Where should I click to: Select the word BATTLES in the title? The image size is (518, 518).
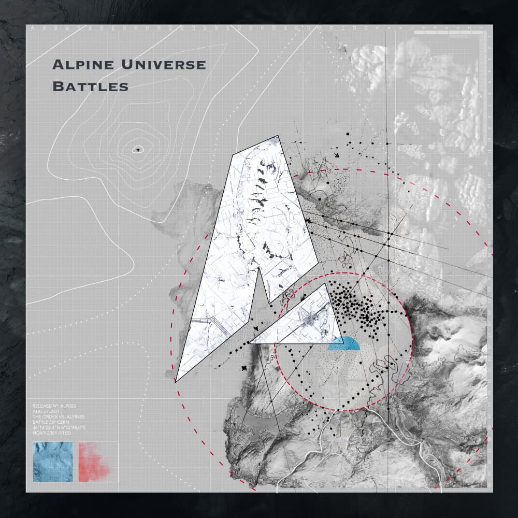click(91, 87)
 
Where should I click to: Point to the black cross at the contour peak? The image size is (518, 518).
click(138, 150)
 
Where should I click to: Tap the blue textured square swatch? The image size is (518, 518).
click(52, 462)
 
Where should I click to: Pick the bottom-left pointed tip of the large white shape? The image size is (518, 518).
click(176, 381)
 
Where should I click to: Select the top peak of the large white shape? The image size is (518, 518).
click(278, 136)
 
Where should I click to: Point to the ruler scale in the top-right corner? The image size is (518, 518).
click(451, 34)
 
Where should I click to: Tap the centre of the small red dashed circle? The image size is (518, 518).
click(343, 342)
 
